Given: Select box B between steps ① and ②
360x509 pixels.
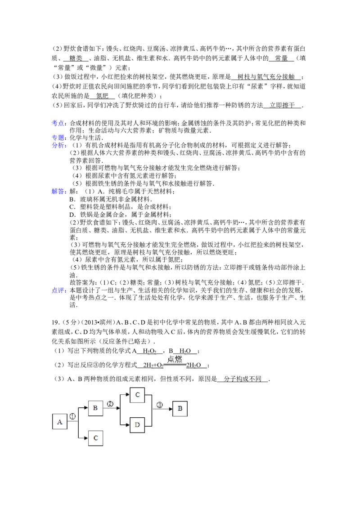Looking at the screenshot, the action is tap(95, 408).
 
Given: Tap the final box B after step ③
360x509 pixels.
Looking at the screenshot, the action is tap(180, 409).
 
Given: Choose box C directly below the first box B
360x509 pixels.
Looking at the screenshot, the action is tap(95, 438).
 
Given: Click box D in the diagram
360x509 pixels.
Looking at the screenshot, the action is tap(137, 425).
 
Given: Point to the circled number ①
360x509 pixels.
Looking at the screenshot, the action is tap(72, 416).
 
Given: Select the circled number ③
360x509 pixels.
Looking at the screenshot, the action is tap(159, 405).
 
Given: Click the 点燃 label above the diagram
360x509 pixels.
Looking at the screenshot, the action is tap(174, 359).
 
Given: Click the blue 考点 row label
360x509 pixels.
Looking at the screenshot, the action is tap(58, 123).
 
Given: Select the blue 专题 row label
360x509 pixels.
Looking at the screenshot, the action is tap(58, 136).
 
